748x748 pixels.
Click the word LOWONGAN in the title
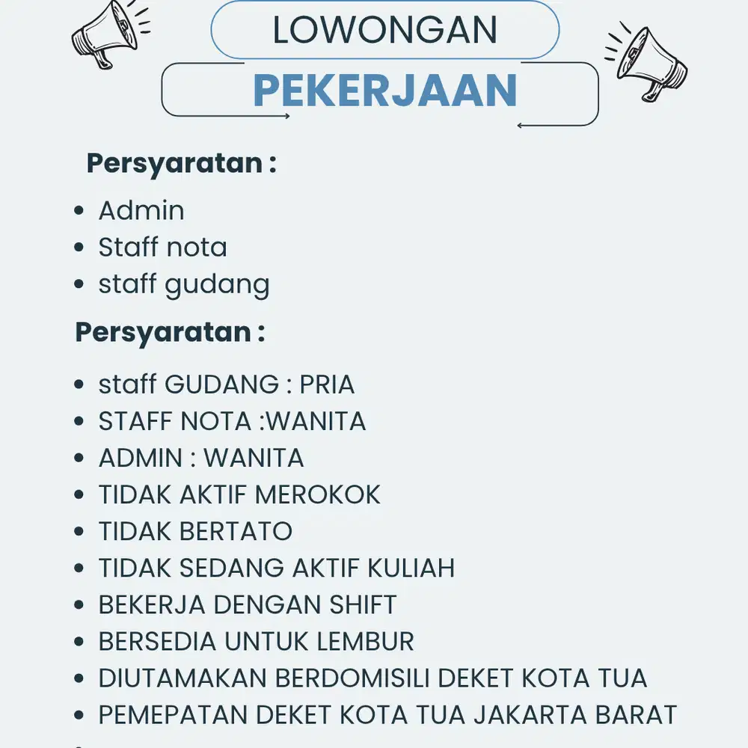coord(384,31)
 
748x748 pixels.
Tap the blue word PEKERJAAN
coord(385,91)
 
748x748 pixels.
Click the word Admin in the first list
coord(141,211)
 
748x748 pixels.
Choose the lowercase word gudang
coord(217,285)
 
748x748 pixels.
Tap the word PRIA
coord(327,384)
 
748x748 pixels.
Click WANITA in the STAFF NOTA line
coord(316,421)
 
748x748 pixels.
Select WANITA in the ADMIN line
coord(254,458)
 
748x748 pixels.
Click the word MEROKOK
coord(318,494)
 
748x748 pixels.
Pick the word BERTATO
coord(236,531)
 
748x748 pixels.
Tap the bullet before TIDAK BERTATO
coord(79,532)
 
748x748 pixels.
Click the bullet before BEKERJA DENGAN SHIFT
coord(79,605)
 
